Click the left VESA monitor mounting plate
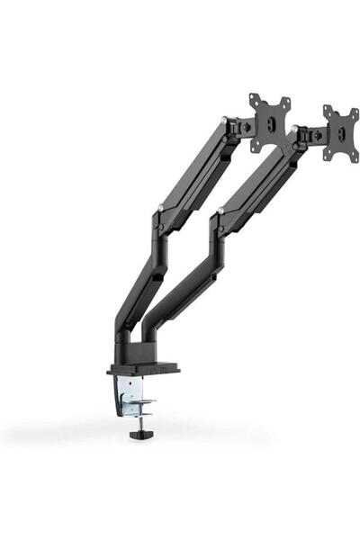click(270, 121)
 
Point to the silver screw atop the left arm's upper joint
click(222, 117)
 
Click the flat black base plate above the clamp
click(142, 368)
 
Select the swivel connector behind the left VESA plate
click(240, 127)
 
